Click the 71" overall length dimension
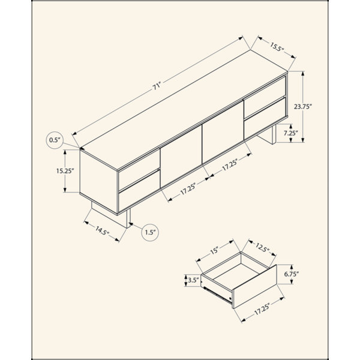coord(157,87)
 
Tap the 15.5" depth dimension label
coord(277,47)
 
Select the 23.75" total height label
coord(303,107)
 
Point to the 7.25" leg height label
coord(290,133)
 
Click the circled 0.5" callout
coord(55,140)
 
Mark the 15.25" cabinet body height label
coord(65,171)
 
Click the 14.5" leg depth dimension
coord(102,230)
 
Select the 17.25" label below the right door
coord(230,164)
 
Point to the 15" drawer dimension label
coord(214,250)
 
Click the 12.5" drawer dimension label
coord(262,247)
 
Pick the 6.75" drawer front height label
coord(292,274)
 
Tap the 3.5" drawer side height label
coord(193,280)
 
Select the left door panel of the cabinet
coord(181,157)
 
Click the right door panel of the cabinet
coord(223,132)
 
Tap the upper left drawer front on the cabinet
coord(139,169)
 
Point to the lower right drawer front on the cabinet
coord(265,118)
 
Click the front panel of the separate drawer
coord(254,287)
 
